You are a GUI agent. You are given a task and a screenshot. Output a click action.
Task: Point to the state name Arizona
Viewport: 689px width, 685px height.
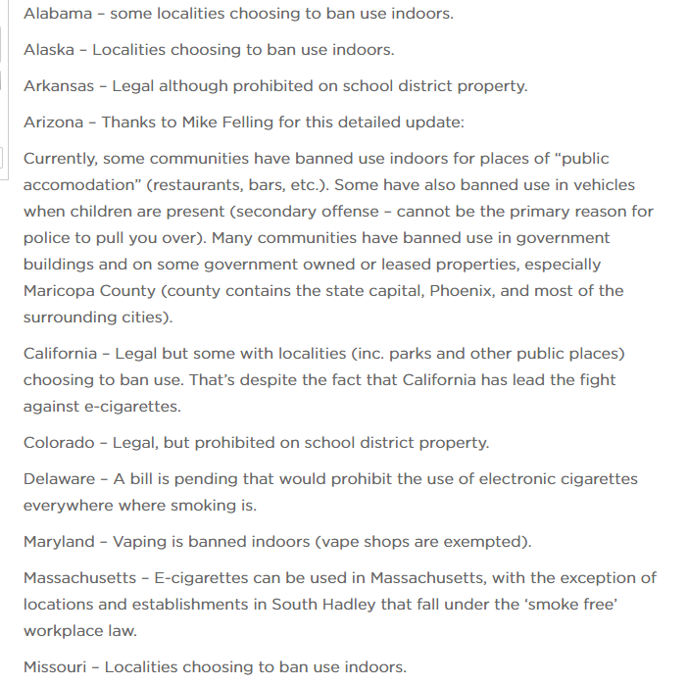coord(54,122)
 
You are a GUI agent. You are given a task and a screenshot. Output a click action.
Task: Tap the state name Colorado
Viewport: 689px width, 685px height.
coord(60,442)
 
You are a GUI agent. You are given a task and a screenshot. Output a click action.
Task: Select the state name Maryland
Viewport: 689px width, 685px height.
coord(60,541)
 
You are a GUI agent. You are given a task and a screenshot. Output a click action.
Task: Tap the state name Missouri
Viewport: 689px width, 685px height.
coord(58,667)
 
